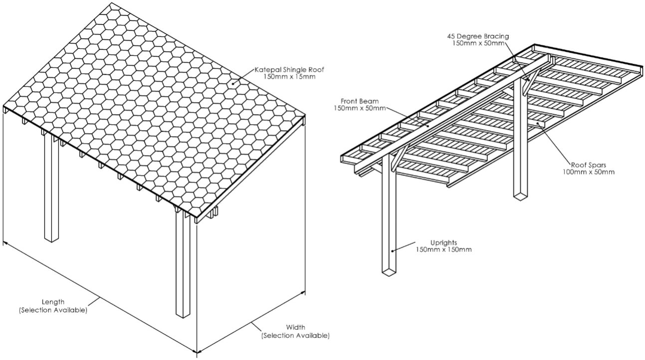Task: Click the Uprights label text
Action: (x=443, y=242)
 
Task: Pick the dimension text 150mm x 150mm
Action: (x=443, y=249)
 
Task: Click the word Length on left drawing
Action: (x=53, y=302)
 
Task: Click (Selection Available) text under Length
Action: (x=53, y=310)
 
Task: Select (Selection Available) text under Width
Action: (x=295, y=336)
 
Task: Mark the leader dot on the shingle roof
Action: (x=232, y=85)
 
